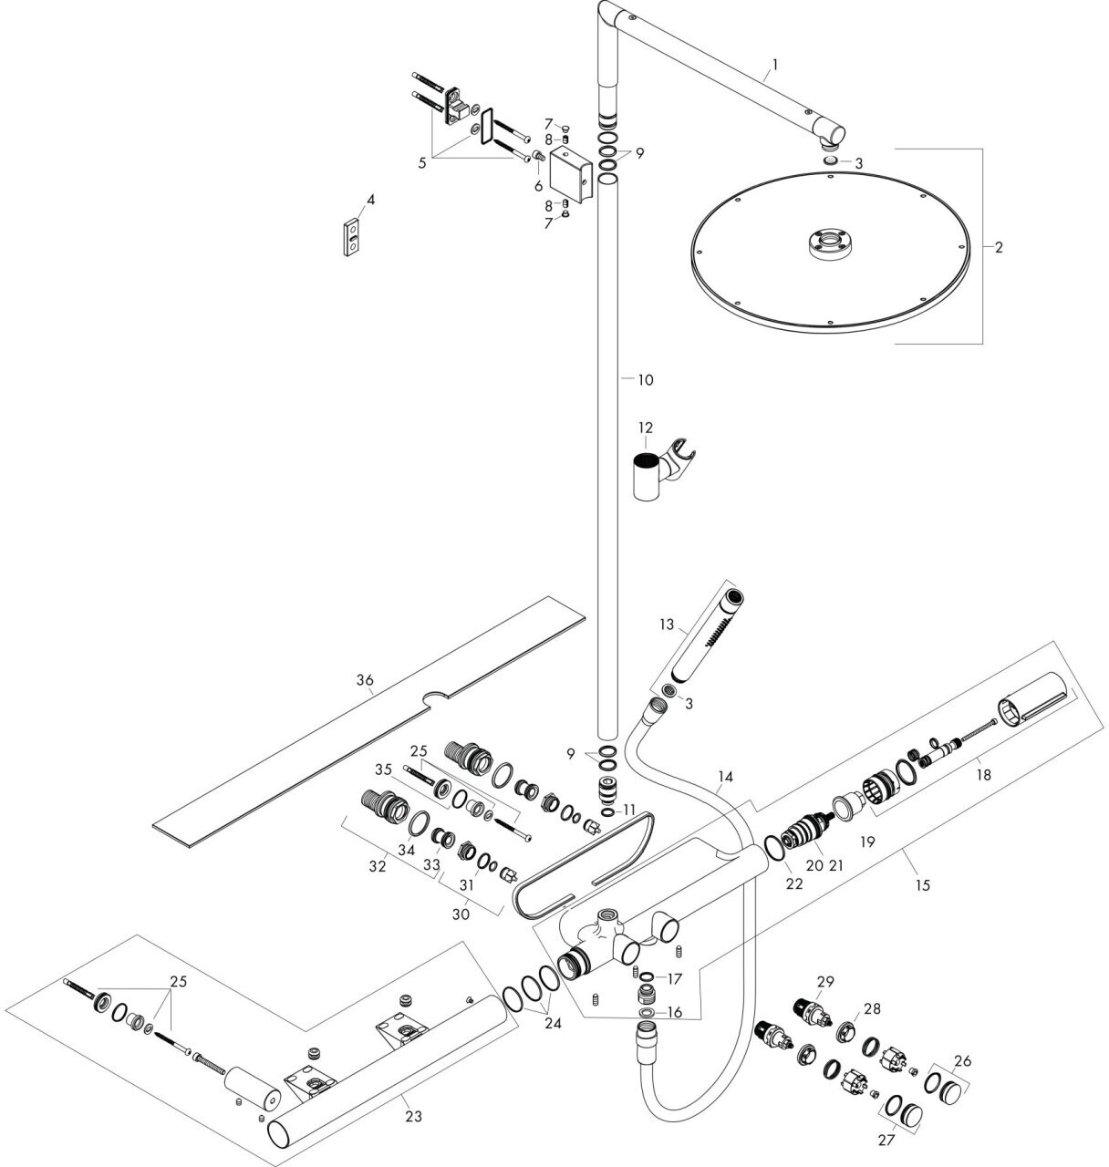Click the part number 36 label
[x=365, y=680]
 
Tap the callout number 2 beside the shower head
[x=999, y=247]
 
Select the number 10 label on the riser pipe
[x=645, y=380]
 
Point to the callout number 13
[x=668, y=625]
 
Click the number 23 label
[x=413, y=1115]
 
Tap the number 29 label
[x=825, y=981]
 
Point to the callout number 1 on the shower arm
[x=774, y=64]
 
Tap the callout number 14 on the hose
[x=724, y=778]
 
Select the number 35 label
[x=384, y=769]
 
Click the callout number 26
[x=963, y=1060]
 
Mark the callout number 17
[x=674, y=979]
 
